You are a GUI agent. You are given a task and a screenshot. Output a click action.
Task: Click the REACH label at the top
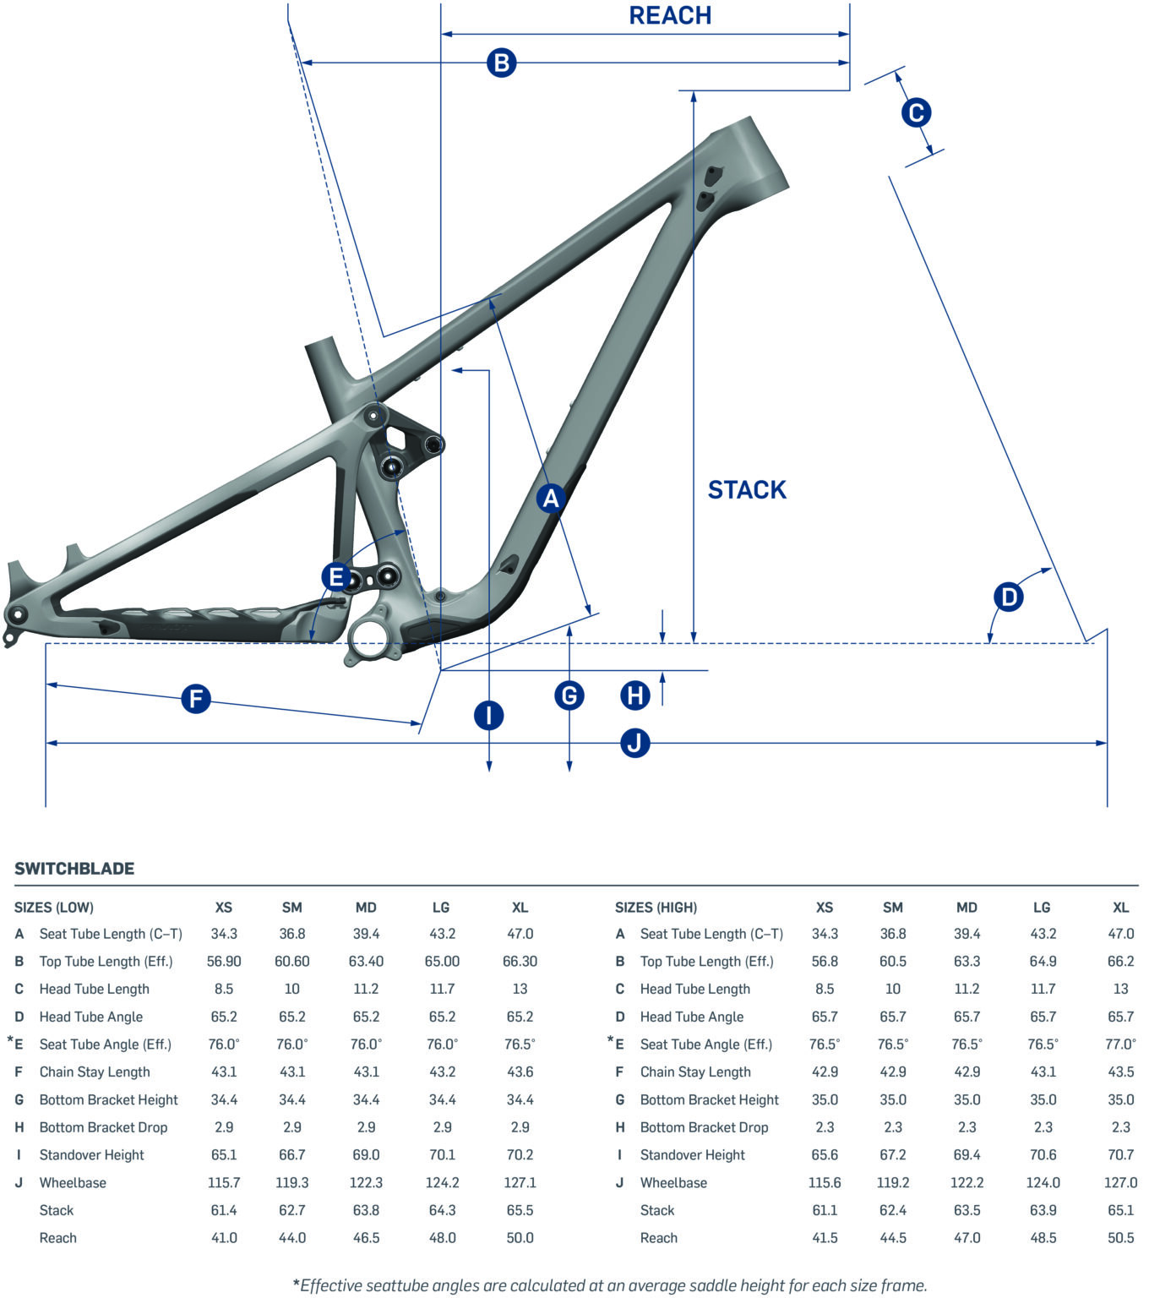tap(670, 15)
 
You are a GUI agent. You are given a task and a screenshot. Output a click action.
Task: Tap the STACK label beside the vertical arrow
tap(747, 489)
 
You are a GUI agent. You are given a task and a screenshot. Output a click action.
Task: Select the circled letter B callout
tap(501, 63)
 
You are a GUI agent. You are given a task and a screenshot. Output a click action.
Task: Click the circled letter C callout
tap(916, 112)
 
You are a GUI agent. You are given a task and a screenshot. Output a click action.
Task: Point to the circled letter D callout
tap(1009, 597)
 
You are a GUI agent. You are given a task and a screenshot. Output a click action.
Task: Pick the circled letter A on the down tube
tap(551, 499)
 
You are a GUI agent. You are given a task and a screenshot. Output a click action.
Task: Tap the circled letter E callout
tap(336, 577)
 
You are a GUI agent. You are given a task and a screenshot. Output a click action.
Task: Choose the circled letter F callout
tap(196, 699)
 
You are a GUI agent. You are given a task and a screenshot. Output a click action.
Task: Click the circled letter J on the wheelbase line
tap(634, 743)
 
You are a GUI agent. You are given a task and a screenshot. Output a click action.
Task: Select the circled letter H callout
tap(634, 695)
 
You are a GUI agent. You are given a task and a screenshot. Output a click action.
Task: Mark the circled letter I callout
tap(488, 715)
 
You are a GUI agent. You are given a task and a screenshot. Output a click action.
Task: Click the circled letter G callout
tap(569, 695)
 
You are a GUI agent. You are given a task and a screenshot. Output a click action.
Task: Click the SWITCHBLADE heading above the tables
tap(74, 869)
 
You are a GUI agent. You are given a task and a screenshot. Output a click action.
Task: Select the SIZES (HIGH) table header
tap(656, 908)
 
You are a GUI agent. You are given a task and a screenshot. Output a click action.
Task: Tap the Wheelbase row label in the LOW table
tap(73, 1182)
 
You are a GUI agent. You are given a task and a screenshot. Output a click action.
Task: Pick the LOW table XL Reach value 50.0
tap(520, 1237)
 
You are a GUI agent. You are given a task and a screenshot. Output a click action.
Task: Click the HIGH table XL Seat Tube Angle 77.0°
tap(1120, 1044)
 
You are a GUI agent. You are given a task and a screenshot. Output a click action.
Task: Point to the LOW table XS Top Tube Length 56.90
tap(224, 961)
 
